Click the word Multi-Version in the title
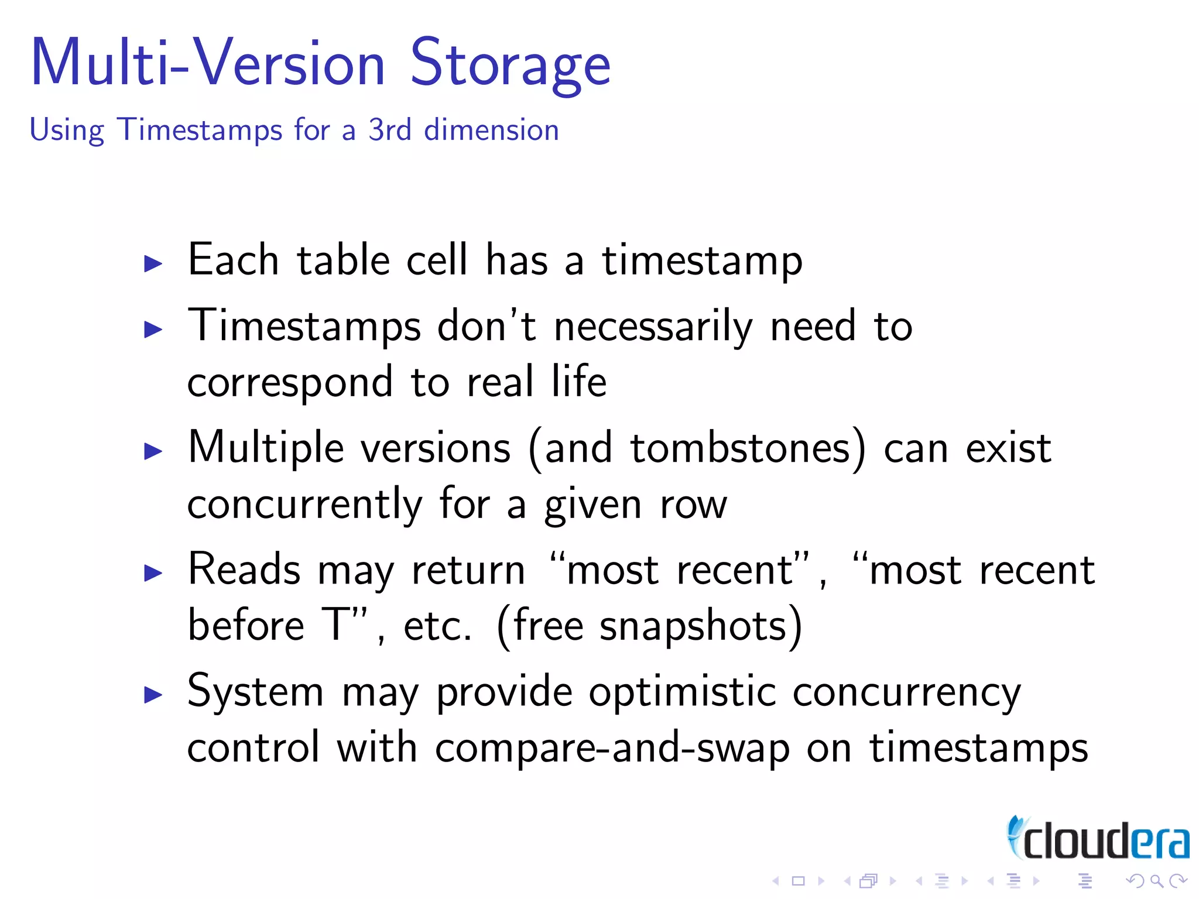coord(208,63)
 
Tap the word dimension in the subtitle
coord(491,130)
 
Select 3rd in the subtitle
coord(389,130)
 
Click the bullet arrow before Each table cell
coord(153,263)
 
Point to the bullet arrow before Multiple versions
coord(153,451)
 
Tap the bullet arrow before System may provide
coord(153,695)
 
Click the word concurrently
coord(304,505)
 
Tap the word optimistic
coord(682,692)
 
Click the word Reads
coord(244,569)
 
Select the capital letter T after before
coord(336,625)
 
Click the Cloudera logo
coord(1098,839)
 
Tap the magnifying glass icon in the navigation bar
coord(1156,881)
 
